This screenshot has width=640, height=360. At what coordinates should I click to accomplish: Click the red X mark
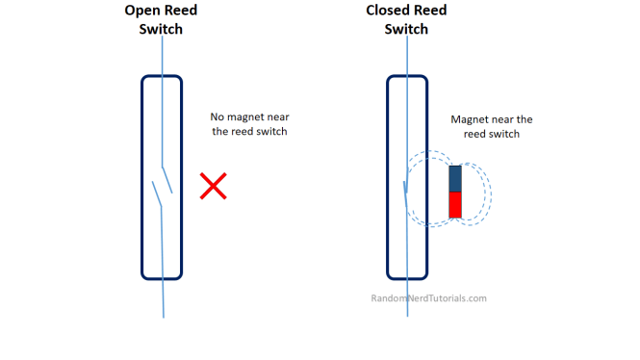213,186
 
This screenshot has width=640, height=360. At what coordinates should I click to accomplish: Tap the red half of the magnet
456,204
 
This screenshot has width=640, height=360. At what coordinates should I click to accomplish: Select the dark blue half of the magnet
456,178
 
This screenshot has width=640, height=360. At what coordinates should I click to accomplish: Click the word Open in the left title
143,11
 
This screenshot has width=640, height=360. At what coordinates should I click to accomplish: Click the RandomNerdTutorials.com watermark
428,298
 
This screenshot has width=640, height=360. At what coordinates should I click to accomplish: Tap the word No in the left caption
218,117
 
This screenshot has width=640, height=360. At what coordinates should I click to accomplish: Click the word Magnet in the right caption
471,120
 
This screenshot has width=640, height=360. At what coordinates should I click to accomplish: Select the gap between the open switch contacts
164,187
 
